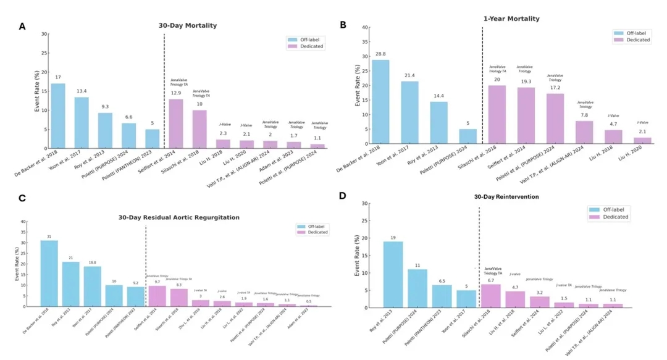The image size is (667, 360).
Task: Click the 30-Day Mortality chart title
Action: [x=188, y=26]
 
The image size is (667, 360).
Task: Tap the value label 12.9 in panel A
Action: [x=176, y=93]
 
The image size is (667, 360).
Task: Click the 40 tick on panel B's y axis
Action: [x=365, y=27]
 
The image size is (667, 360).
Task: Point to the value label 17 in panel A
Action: [x=58, y=77]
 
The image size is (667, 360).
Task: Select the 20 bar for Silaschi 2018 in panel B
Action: [x=497, y=114]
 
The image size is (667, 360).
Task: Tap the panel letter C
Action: [x=23, y=199]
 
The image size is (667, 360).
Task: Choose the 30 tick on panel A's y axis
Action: [x=44, y=34]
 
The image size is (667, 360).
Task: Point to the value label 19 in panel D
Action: [x=393, y=237]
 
